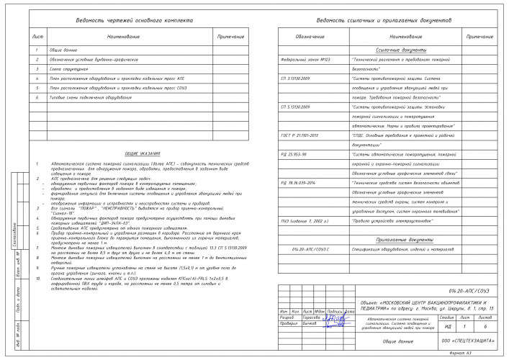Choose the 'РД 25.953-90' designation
[294, 153]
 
